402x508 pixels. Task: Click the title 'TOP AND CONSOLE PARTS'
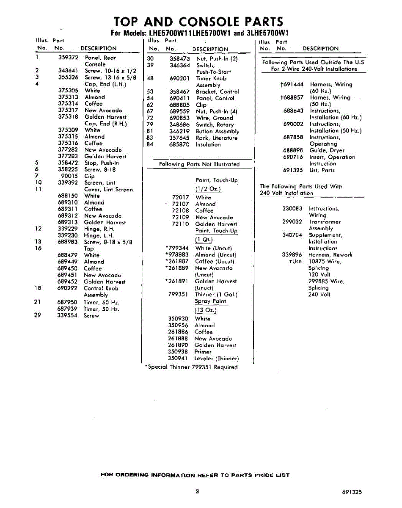(198, 22)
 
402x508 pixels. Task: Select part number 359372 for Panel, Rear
(68, 58)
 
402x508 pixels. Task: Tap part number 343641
(68, 71)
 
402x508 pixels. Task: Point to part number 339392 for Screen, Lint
(68, 183)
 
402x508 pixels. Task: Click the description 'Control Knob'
(101, 288)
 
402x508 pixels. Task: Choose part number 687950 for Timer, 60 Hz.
(68, 302)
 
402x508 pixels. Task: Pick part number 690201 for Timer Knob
(179, 78)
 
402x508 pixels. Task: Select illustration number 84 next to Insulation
(150, 144)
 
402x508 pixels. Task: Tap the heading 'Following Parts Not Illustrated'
(199, 164)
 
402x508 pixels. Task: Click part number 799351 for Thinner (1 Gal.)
(178, 294)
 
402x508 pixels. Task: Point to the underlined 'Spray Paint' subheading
(210, 301)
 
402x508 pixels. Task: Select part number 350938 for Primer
(178, 351)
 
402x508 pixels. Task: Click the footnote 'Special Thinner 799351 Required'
(192, 367)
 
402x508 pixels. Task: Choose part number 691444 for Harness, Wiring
(292, 84)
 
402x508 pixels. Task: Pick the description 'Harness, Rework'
(330, 255)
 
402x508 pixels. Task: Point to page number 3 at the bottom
(197, 491)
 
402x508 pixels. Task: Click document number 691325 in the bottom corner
(352, 492)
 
